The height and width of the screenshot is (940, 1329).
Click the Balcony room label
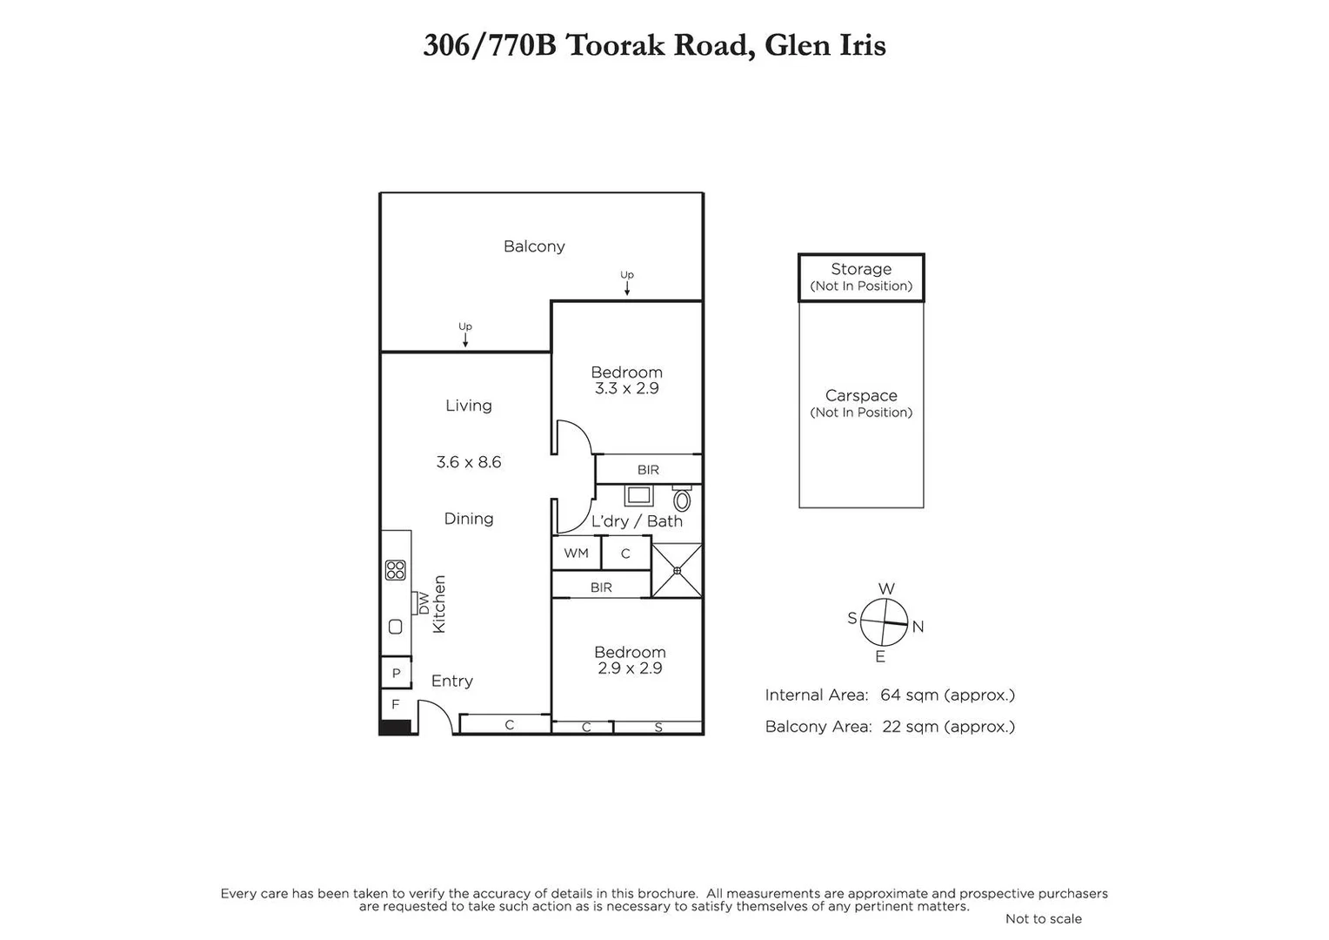[x=534, y=246]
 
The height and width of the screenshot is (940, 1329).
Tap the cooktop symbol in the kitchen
[x=396, y=570]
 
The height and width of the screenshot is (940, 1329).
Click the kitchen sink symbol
[x=396, y=627]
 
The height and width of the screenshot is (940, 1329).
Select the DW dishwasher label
[x=424, y=602]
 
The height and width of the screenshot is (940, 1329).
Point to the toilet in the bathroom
[x=682, y=500]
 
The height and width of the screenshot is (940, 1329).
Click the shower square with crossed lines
[x=677, y=570]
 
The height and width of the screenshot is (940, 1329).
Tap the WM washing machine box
[x=576, y=553]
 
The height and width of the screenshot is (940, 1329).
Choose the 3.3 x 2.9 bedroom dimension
[x=626, y=388]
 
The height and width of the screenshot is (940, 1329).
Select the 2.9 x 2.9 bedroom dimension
[x=630, y=668]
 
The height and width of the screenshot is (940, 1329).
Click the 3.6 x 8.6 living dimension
[x=469, y=462]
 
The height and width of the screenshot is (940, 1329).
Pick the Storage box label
[x=861, y=269]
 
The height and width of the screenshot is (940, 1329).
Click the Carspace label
[x=861, y=395]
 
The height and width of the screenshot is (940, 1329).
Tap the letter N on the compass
[x=918, y=627]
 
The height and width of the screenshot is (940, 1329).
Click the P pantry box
[x=396, y=673]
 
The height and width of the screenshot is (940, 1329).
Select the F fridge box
[x=396, y=704]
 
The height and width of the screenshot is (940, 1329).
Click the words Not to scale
[x=1043, y=918]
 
